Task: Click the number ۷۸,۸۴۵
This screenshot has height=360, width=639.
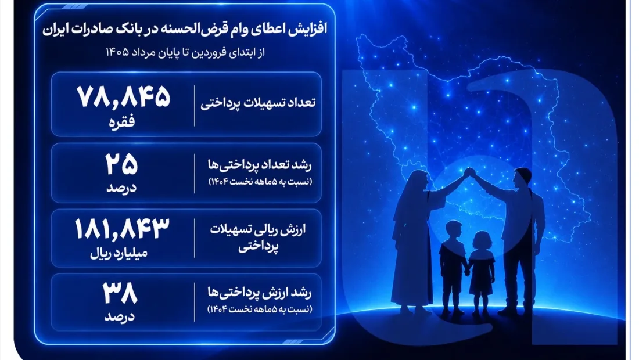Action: click(123, 98)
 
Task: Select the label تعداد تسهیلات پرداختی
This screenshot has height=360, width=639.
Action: click(258, 103)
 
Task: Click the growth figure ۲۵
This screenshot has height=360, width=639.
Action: click(121, 164)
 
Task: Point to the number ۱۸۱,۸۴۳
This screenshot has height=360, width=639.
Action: click(122, 229)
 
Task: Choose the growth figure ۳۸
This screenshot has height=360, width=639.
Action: click(120, 293)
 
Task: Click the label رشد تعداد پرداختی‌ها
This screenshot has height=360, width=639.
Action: click(260, 165)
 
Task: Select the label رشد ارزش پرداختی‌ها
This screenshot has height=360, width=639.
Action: click(260, 293)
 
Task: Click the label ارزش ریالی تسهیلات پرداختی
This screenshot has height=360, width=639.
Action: click(258, 238)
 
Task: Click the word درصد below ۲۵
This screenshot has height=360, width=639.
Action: click(121, 188)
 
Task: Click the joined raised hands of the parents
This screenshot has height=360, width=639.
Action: click(470, 172)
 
